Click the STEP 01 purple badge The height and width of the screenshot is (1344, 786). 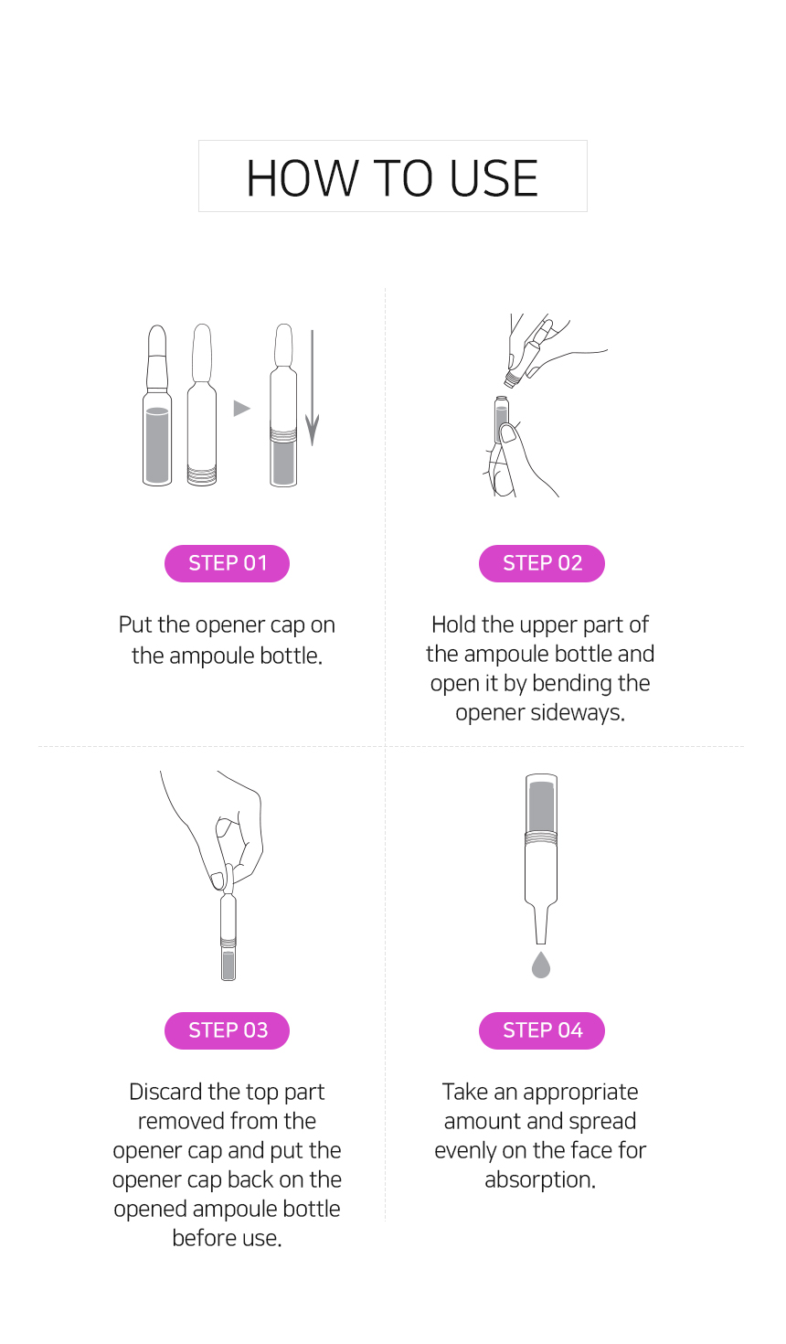(x=227, y=563)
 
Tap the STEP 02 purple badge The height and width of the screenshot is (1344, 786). (x=542, y=563)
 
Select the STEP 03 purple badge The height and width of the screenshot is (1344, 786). (x=227, y=1030)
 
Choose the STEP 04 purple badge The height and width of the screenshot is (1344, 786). (x=542, y=1030)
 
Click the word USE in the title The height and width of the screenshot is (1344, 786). (x=494, y=178)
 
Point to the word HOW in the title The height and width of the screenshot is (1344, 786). (x=302, y=178)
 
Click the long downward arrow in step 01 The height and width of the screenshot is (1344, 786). (x=312, y=388)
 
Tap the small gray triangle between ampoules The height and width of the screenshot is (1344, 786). (x=241, y=408)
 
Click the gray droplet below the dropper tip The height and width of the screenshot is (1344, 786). (x=541, y=965)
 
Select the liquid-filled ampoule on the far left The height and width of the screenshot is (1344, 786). (x=157, y=405)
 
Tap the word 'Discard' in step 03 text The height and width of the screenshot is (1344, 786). (x=165, y=1092)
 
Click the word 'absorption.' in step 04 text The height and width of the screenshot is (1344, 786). (x=540, y=1180)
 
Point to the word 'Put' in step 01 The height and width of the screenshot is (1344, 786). (x=135, y=624)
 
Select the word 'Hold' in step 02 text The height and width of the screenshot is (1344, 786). (x=453, y=624)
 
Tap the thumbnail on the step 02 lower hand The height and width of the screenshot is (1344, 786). (x=509, y=432)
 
